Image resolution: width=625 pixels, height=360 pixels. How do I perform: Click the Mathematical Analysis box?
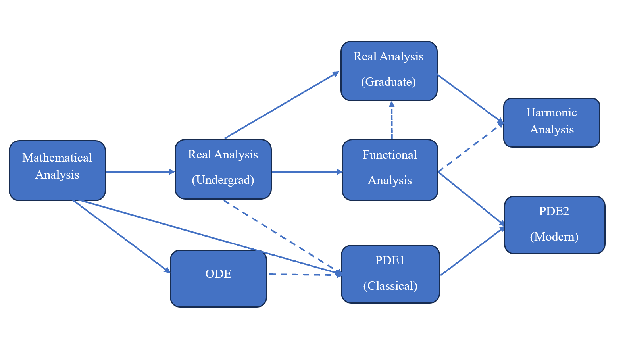point(57,171)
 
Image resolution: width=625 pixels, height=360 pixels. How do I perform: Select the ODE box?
point(219,279)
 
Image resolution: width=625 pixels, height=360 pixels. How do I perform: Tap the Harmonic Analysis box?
point(552,123)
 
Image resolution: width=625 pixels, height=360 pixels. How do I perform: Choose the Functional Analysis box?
point(390,170)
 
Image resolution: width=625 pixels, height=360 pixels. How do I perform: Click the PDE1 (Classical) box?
point(390,274)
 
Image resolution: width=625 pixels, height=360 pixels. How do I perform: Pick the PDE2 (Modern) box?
point(555,225)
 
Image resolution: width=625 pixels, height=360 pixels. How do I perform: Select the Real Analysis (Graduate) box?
point(389,71)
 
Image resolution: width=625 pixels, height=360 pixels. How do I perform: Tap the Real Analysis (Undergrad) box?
point(223,169)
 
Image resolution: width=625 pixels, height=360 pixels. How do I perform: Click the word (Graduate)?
point(388,82)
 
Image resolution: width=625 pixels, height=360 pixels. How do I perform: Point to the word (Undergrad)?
point(223,180)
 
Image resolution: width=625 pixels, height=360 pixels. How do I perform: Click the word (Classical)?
point(390,286)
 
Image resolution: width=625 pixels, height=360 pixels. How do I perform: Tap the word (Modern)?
point(554,237)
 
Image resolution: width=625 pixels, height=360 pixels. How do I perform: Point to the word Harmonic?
point(552,112)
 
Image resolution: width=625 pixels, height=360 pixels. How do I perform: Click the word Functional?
point(390,155)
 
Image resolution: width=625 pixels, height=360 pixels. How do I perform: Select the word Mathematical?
point(57,158)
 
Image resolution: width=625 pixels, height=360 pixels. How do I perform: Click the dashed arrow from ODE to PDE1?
point(305,275)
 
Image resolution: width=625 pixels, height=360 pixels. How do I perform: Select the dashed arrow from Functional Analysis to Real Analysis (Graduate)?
point(392,120)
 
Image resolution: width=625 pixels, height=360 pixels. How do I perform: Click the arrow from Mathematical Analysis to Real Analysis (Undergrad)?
point(140,172)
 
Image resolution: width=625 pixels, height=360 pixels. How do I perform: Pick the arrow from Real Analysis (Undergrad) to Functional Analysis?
point(307,172)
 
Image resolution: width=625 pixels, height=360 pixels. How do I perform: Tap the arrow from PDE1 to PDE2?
point(472,251)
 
